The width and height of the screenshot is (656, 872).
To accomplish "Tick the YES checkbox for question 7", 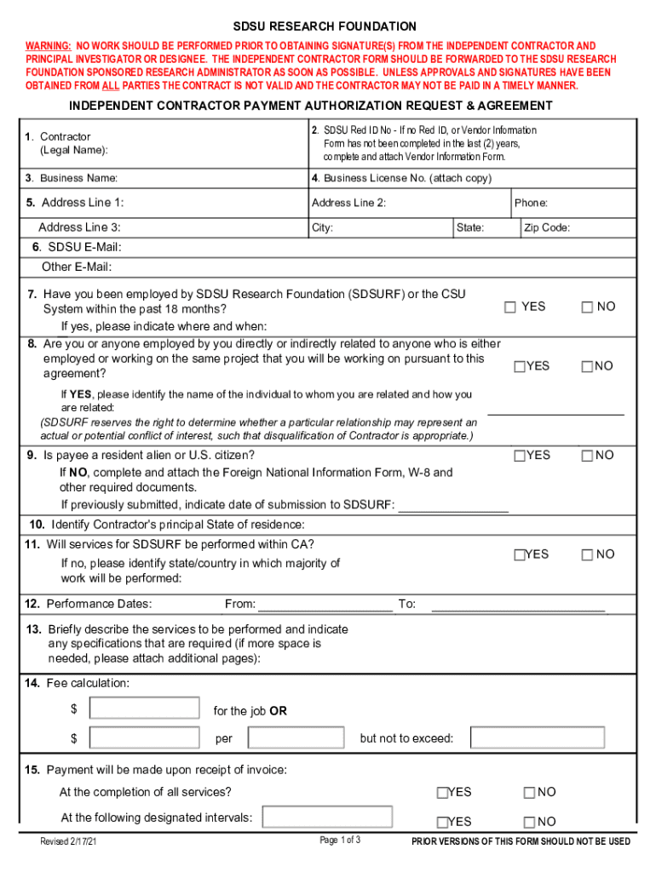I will pyautogui.click(x=509, y=307).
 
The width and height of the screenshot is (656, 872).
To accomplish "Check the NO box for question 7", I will pyautogui.click(x=587, y=307).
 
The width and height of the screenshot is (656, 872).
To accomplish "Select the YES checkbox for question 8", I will pyautogui.click(x=519, y=367).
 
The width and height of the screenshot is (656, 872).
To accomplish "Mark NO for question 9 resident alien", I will pyautogui.click(x=587, y=456).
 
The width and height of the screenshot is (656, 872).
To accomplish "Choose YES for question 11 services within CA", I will pyautogui.click(x=519, y=555).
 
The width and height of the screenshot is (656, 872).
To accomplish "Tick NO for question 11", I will pyautogui.click(x=587, y=555).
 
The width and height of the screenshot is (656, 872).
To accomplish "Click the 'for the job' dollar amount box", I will pyautogui.click(x=144, y=708).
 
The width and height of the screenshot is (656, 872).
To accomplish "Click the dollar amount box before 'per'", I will pyautogui.click(x=144, y=737).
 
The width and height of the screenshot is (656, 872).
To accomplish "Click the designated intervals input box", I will pyautogui.click(x=327, y=817).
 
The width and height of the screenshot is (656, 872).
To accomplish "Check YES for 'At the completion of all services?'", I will pyautogui.click(x=442, y=794).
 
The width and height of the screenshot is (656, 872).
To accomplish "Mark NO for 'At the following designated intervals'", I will pyautogui.click(x=529, y=823).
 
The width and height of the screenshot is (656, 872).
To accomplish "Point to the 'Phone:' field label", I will pyautogui.click(x=531, y=204).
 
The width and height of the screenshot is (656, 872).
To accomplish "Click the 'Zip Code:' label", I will pyautogui.click(x=547, y=228).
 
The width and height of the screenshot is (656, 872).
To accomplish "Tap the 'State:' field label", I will pyautogui.click(x=470, y=228).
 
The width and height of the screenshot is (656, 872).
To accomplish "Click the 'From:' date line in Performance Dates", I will pyautogui.click(x=325, y=605).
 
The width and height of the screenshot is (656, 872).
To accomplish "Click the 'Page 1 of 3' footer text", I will pyautogui.click(x=340, y=840).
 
